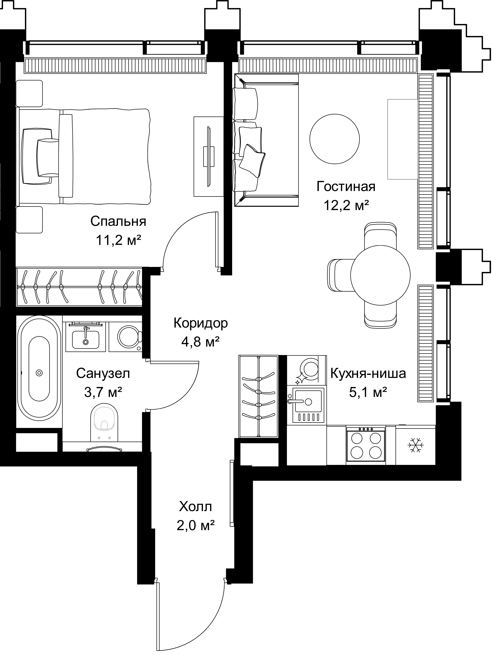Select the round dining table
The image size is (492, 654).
click(380, 275)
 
